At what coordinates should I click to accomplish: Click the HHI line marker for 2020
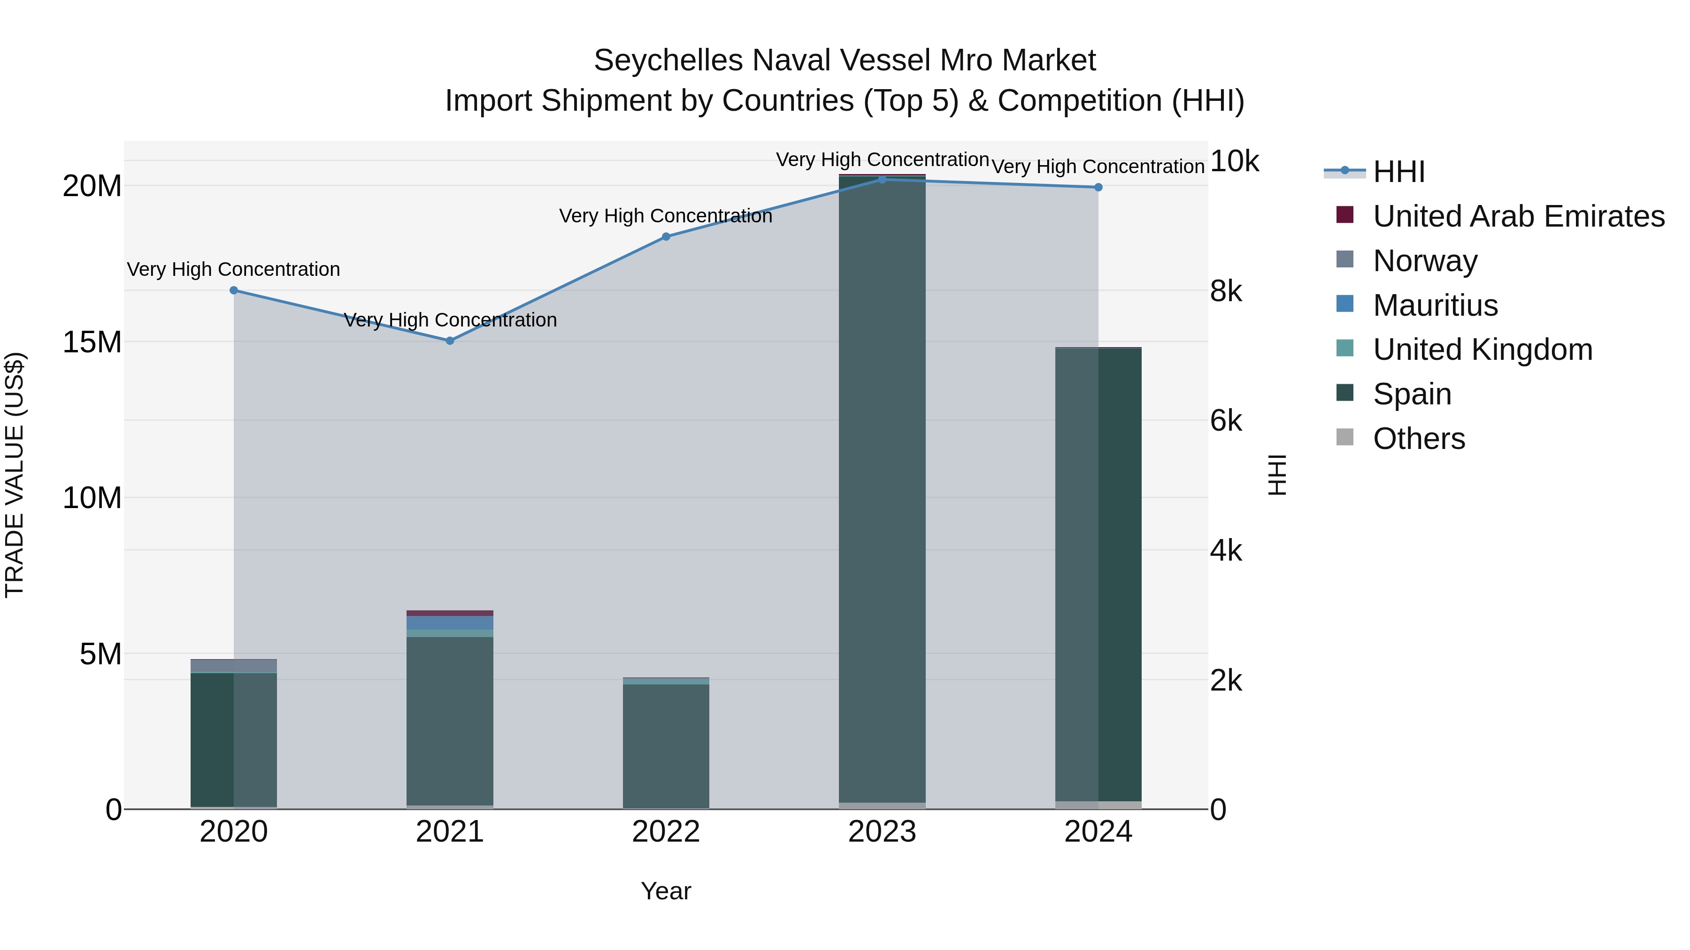tap(234, 290)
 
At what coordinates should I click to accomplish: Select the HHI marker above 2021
tap(450, 341)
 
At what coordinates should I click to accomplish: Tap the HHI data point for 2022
tap(666, 237)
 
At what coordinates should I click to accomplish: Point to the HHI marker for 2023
tap(883, 180)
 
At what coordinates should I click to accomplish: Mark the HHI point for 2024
tap(1098, 188)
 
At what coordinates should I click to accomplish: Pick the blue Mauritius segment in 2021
tap(450, 623)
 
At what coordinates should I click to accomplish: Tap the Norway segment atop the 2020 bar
tap(234, 665)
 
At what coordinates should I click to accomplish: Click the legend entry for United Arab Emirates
tap(1518, 216)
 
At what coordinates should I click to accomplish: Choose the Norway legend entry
tap(1425, 261)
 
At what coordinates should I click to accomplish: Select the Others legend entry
tap(1418, 439)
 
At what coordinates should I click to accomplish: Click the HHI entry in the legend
tap(1399, 172)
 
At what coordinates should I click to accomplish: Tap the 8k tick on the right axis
tap(1226, 291)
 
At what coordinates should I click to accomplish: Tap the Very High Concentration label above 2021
tap(450, 320)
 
